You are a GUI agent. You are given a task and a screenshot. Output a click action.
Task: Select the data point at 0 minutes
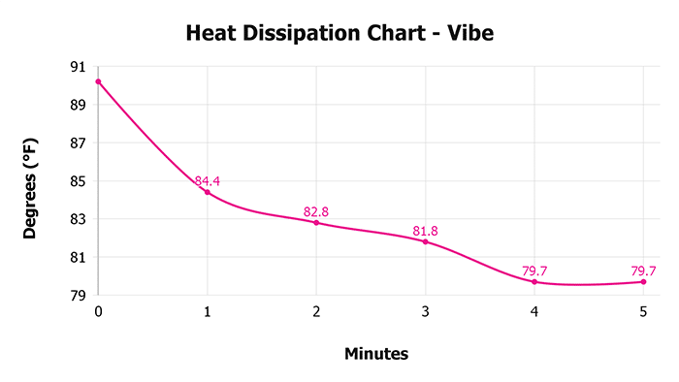(98, 81)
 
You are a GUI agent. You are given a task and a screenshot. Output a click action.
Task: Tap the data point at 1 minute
(207, 192)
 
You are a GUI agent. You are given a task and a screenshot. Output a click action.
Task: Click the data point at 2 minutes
(316, 223)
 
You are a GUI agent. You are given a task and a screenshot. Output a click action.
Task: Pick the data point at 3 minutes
(425, 241)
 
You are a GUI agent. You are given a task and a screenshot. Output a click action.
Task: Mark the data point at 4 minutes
(534, 281)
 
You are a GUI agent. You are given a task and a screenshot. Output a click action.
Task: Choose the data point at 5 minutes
(643, 281)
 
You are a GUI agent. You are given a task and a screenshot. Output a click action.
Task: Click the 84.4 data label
(208, 180)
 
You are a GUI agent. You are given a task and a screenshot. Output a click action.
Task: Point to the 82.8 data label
(316, 211)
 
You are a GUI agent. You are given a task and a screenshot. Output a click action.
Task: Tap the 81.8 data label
(425, 230)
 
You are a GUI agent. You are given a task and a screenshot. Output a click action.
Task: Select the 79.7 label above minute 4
(534, 271)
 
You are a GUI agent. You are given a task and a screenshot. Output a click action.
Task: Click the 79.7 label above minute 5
(643, 271)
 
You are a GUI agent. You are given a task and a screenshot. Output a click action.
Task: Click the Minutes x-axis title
(376, 354)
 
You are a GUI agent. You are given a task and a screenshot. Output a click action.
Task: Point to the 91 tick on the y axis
(78, 67)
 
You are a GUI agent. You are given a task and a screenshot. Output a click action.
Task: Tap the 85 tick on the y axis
(78, 181)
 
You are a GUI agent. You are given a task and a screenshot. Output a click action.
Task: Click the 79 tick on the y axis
(78, 296)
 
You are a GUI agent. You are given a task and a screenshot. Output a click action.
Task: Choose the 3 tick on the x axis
(425, 311)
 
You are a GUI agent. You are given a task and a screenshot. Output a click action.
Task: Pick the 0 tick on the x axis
(98, 311)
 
